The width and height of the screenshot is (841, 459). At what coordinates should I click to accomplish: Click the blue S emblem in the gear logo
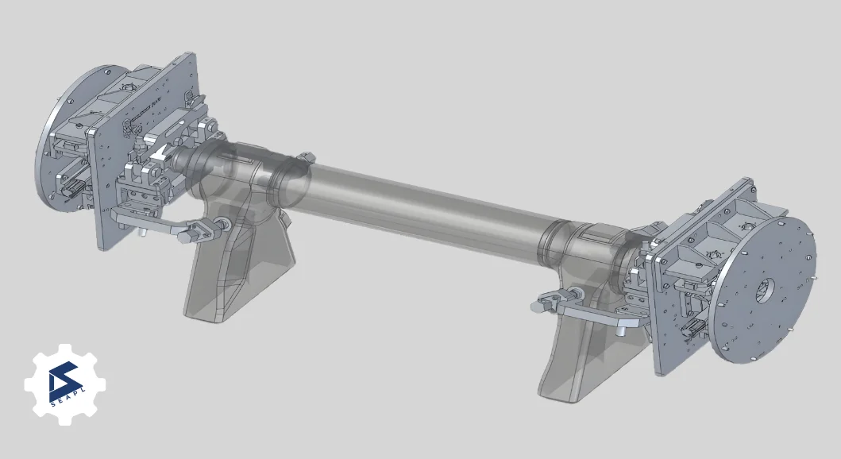click(x=64, y=380)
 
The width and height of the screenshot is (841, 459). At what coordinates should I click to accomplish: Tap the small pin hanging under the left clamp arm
click(x=141, y=233)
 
